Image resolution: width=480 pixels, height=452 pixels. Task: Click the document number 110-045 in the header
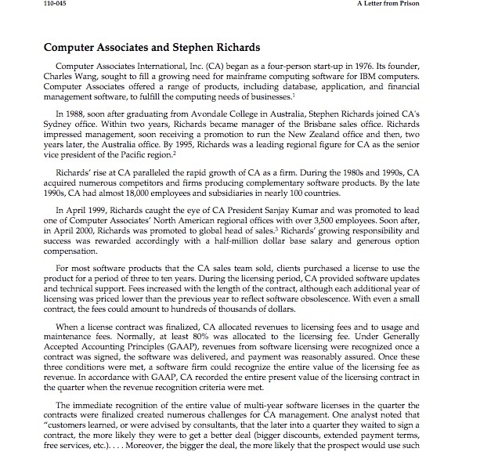click(18, 5)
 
